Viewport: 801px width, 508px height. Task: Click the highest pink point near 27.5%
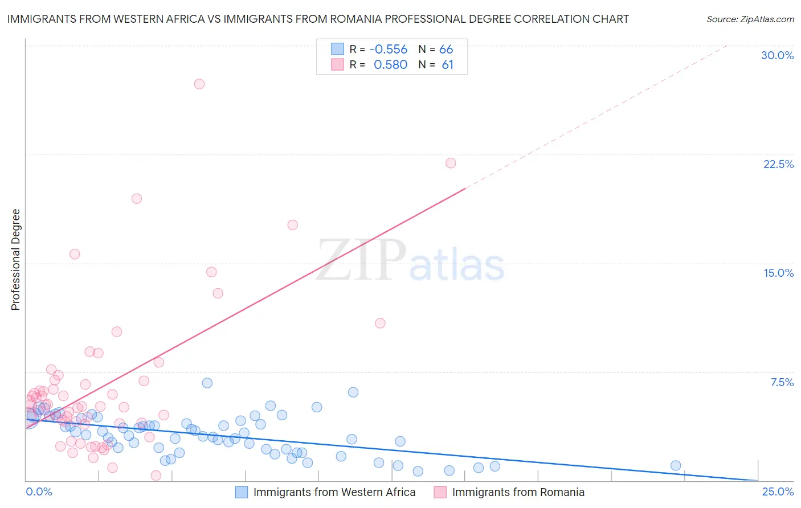pos(199,84)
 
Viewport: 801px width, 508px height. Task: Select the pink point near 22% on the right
pos(451,163)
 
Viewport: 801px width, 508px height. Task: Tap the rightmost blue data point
pos(676,465)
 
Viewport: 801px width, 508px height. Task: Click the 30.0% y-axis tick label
pos(777,55)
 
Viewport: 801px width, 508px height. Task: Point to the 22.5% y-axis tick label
pos(778,164)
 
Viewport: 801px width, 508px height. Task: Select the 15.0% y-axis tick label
pos(778,273)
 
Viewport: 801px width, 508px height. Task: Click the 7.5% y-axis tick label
pos(782,382)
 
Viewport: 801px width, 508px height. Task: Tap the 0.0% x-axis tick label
pos(39,492)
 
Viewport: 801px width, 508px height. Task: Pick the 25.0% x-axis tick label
pos(778,492)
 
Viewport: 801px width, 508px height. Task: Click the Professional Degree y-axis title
pos(15,260)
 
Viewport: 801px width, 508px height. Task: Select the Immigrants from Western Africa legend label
pos(334,492)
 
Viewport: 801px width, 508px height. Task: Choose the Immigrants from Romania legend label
pos(518,492)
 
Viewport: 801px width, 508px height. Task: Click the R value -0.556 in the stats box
pos(389,50)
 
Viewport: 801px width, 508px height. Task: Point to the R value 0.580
pos(390,65)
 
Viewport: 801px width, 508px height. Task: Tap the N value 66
pos(446,50)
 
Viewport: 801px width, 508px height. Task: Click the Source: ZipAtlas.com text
pos(750,19)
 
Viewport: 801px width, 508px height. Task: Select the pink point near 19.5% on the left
pos(137,199)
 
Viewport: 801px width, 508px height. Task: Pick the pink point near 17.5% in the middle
pos(292,225)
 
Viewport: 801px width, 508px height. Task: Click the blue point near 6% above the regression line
pos(353,392)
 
